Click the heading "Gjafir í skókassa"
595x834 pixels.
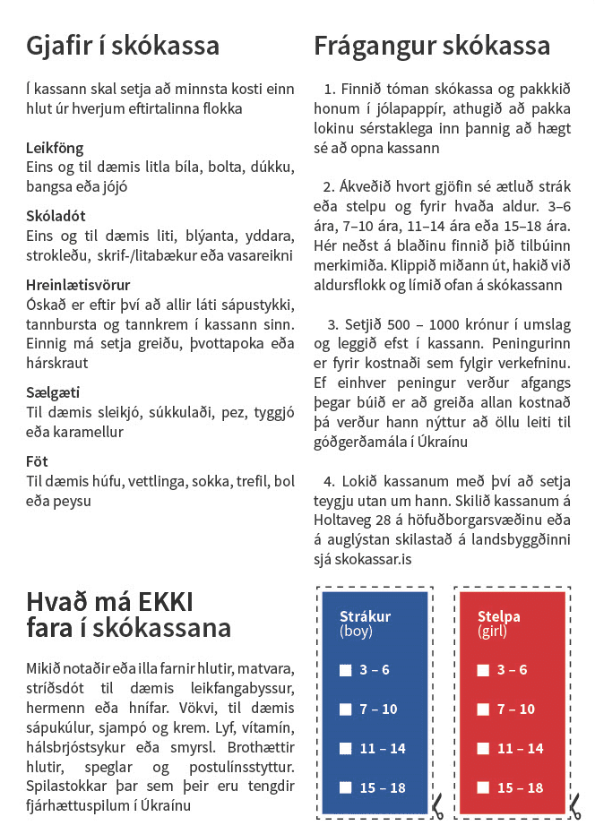point(123,46)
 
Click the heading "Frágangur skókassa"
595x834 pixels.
point(432,46)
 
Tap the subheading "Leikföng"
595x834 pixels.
point(55,147)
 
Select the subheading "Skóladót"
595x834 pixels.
point(56,216)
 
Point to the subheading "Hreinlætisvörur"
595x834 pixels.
point(79,285)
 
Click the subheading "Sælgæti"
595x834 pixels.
point(52,391)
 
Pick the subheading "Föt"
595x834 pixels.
point(37,460)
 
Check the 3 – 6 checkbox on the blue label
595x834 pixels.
point(345,670)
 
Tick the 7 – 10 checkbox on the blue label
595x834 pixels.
point(345,709)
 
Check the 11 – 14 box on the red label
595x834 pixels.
point(483,749)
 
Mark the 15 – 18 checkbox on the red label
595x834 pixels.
point(483,788)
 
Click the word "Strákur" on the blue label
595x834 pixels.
point(365,616)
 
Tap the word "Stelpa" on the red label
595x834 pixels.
point(499,616)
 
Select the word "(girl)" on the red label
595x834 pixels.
point(492,632)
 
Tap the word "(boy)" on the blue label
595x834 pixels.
point(356,632)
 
